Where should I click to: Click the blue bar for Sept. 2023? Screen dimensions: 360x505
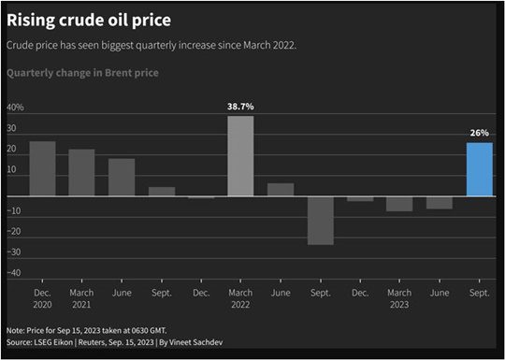[479, 169]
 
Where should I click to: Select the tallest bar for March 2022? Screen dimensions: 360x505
[240, 156]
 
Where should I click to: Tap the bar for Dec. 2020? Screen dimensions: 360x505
[42, 169]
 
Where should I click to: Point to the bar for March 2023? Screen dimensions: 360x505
[399, 204]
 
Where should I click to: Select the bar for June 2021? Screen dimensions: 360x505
[122, 178]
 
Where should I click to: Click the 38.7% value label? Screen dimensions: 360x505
[240, 107]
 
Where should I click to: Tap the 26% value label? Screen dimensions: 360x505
[479, 134]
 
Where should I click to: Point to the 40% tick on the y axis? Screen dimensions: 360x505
[16, 108]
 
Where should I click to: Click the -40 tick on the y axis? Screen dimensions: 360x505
[15, 273]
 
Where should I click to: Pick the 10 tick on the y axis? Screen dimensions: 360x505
[15, 170]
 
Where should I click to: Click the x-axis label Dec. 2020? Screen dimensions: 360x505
[42, 299]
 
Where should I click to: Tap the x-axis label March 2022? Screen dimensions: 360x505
[240, 299]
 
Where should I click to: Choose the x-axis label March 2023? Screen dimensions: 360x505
[399, 299]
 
